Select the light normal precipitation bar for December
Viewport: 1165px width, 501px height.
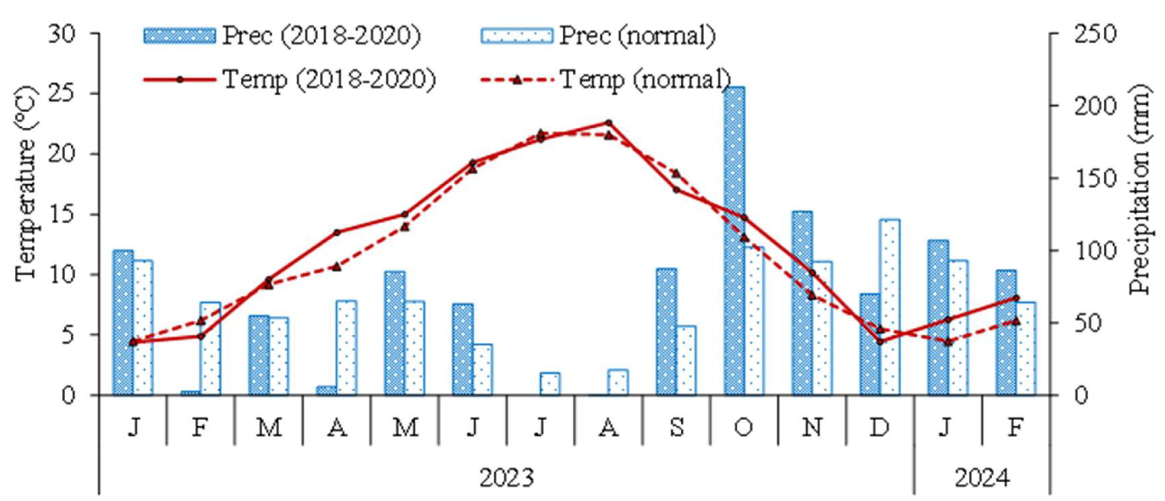click(889, 307)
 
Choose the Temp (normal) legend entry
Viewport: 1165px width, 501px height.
click(606, 80)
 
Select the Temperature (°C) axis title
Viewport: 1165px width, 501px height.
click(25, 183)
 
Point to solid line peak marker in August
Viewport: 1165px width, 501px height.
click(608, 123)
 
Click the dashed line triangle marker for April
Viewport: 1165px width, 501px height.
click(337, 267)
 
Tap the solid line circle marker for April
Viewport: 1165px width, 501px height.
click(337, 232)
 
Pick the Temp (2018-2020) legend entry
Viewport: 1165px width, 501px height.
click(290, 80)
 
